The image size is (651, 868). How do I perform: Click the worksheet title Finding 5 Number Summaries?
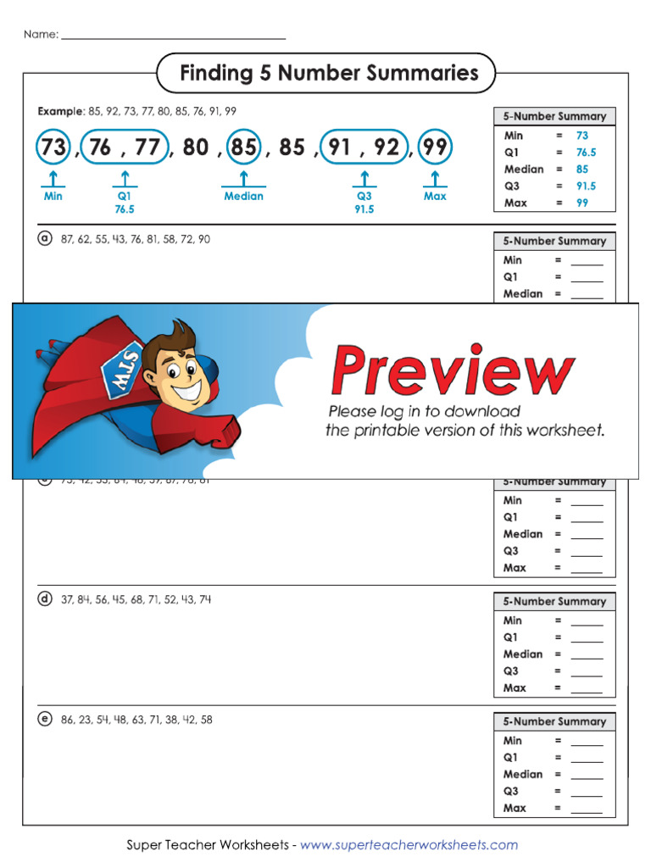point(329,74)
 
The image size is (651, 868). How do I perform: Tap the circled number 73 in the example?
point(53,147)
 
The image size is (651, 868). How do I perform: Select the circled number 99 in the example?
point(436,147)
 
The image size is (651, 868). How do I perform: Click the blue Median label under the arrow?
point(243,196)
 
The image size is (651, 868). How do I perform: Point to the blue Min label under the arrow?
point(53,196)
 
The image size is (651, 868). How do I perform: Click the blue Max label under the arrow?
point(435,196)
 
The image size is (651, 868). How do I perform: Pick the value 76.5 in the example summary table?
point(586,153)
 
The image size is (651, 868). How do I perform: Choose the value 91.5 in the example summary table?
point(586,186)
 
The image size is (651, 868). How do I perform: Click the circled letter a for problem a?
point(45,239)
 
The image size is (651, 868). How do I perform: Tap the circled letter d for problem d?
point(45,599)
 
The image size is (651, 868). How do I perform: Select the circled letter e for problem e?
point(45,720)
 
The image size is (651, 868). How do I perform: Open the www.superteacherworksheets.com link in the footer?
point(409,845)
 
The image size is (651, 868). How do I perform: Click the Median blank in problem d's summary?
point(587,655)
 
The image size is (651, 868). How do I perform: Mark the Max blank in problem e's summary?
point(587,809)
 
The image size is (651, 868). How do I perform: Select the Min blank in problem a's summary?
point(587,261)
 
